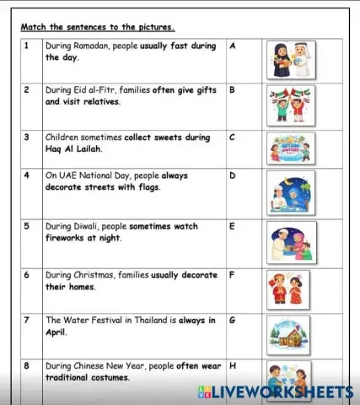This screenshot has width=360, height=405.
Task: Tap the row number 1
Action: pyautogui.click(x=26, y=46)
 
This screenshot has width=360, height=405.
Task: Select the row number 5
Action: pyautogui.click(x=26, y=227)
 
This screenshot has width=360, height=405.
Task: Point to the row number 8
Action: pyautogui.click(x=26, y=366)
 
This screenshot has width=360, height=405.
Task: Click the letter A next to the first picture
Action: pyautogui.click(x=232, y=46)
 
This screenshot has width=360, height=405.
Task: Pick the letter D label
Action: pyautogui.click(x=232, y=175)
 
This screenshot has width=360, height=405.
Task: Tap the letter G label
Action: pyautogui.click(x=233, y=321)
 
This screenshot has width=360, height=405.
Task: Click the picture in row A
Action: pyautogui.click(x=290, y=60)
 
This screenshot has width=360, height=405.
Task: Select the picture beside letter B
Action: pyautogui.click(x=290, y=105)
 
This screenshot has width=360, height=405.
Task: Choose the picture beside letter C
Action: pyautogui.click(x=290, y=148)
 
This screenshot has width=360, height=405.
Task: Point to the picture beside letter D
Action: pyautogui.click(x=290, y=194)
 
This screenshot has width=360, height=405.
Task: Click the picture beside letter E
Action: pyautogui.click(x=290, y=243)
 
